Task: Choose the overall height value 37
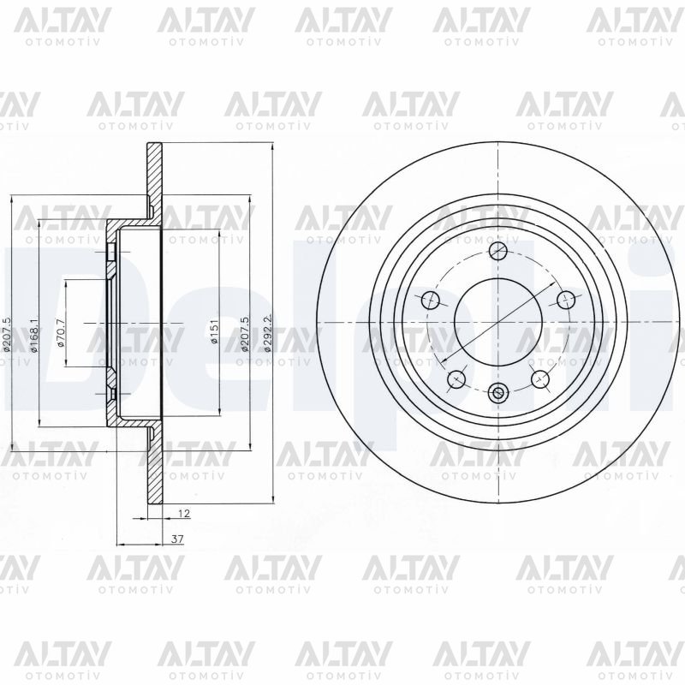click(x=177, y=539)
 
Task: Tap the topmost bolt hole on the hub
click(x=499, y=250)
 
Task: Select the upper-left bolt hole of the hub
click(x=432, y=300)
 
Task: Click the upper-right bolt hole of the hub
click(x=566, y=300)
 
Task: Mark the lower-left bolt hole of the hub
click(x=457, y=378)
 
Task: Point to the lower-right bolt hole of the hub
click(x=540, y=378)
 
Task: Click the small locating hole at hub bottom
click(x=499, y=393)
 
